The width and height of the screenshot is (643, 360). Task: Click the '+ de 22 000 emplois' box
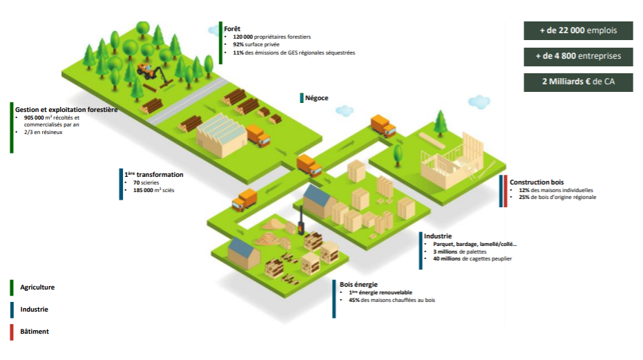577,30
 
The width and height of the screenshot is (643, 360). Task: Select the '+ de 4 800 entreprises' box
577,56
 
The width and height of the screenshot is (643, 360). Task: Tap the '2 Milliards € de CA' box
577,82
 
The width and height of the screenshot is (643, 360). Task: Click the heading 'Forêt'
231,28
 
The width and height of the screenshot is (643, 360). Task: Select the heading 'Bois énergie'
358,284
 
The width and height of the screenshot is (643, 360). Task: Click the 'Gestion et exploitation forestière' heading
66,109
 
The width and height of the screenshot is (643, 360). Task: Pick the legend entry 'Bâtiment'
35,332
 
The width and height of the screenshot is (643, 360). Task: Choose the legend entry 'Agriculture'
37,287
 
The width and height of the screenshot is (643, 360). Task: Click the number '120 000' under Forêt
244,36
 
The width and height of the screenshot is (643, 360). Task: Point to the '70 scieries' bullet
146,182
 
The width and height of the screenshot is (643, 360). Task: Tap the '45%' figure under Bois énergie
355,300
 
